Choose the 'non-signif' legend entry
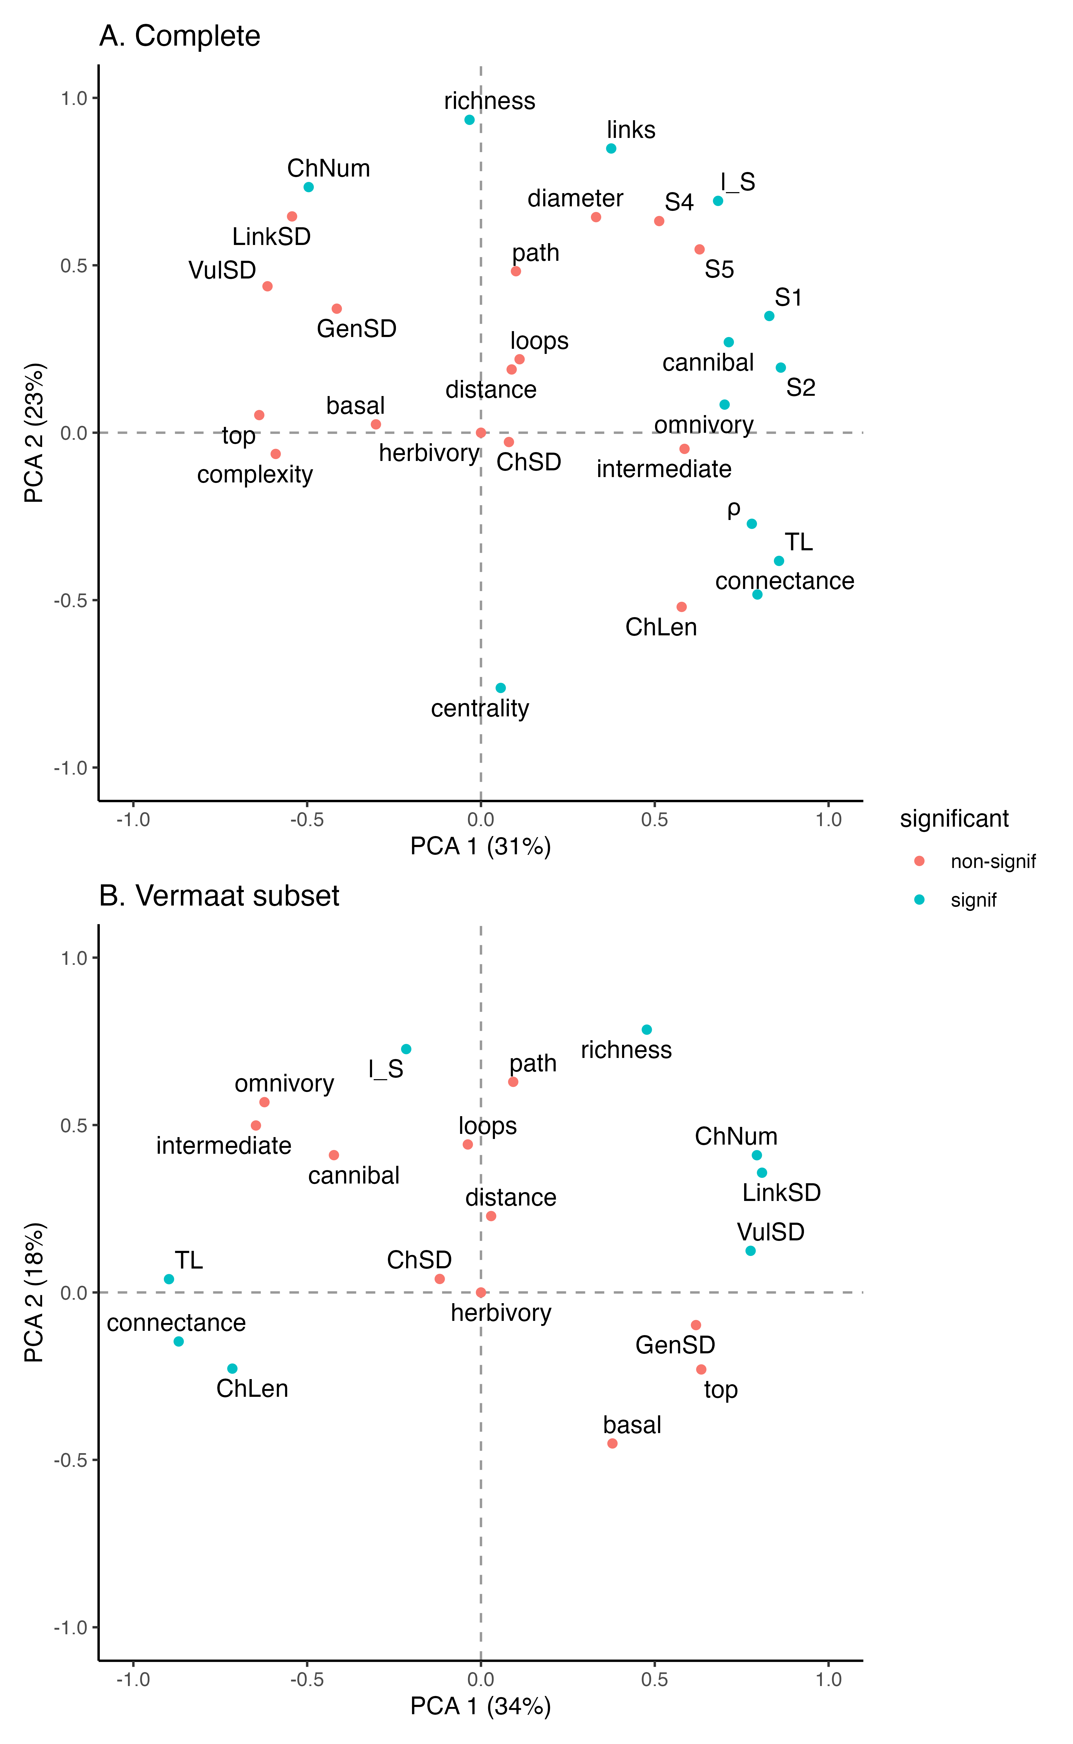[993, 862]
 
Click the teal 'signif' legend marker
[920, 900]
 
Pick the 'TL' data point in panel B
[169, 1279]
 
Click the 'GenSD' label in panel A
[356, 329]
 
